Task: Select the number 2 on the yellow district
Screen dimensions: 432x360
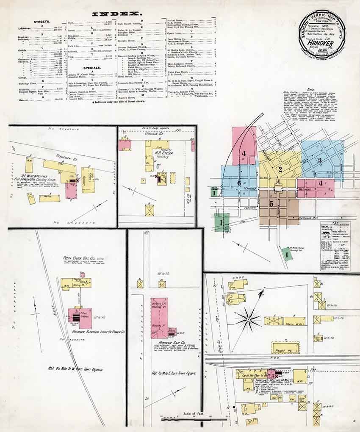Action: (280, 170)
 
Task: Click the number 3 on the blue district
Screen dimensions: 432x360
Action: (320, 160)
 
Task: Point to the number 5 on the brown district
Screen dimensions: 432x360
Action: (271, 203)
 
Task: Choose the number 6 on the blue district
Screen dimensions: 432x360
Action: (239, 183)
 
